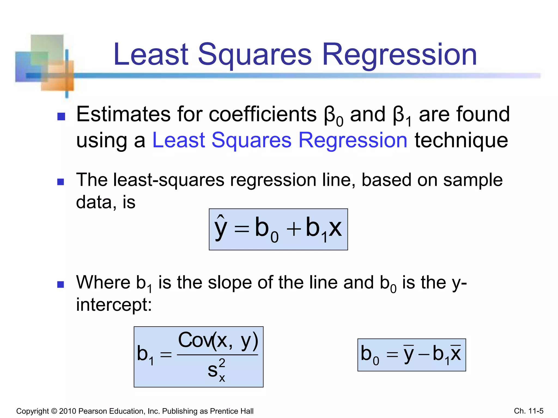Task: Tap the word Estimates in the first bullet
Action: point(123,114)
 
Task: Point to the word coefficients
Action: point(263,114)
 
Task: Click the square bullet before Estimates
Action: point(61,116)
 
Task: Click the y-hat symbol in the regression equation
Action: point(221,228)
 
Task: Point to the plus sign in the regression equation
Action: point(293,229)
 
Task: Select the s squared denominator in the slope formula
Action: point(217,370)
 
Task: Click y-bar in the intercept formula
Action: point(409,354)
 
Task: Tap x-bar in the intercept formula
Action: point(456,354)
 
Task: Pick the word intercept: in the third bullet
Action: point(114,305)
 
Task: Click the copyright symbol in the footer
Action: point(54,411)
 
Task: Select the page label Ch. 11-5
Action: point(529,411)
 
